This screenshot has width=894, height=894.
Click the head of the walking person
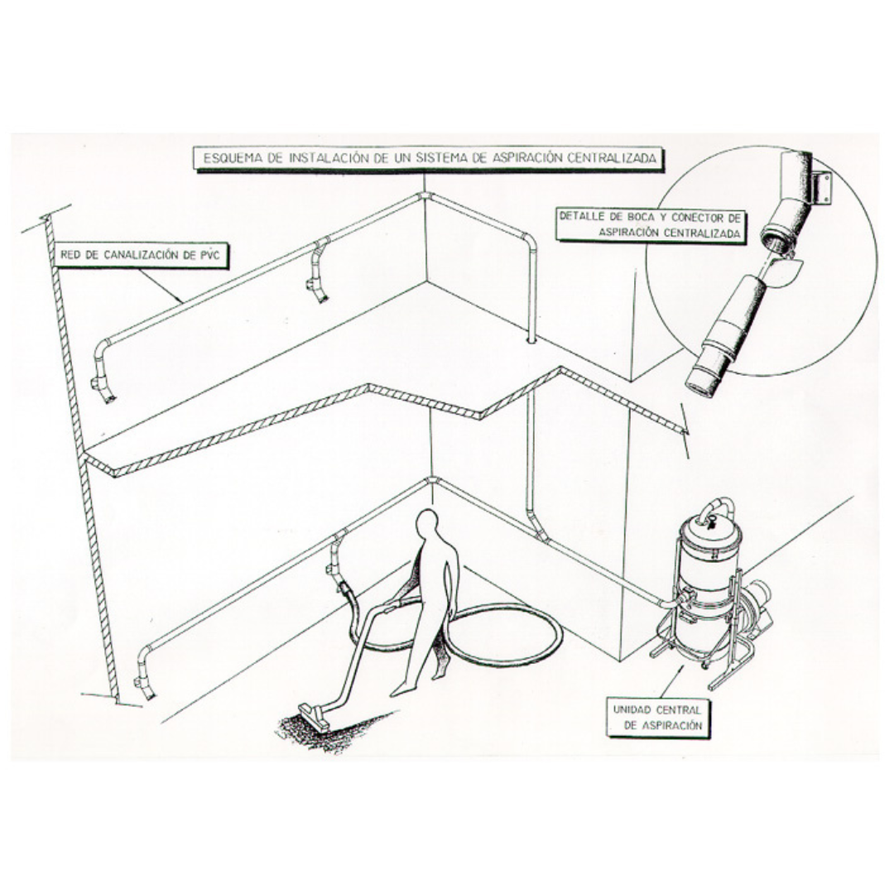(427, 523)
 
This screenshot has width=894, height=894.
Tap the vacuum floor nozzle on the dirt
(313, 715)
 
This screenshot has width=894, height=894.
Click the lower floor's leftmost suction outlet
(146, 685)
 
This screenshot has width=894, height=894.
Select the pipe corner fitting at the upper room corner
(424, 196)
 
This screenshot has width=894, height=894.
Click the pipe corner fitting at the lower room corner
(431, 483)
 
